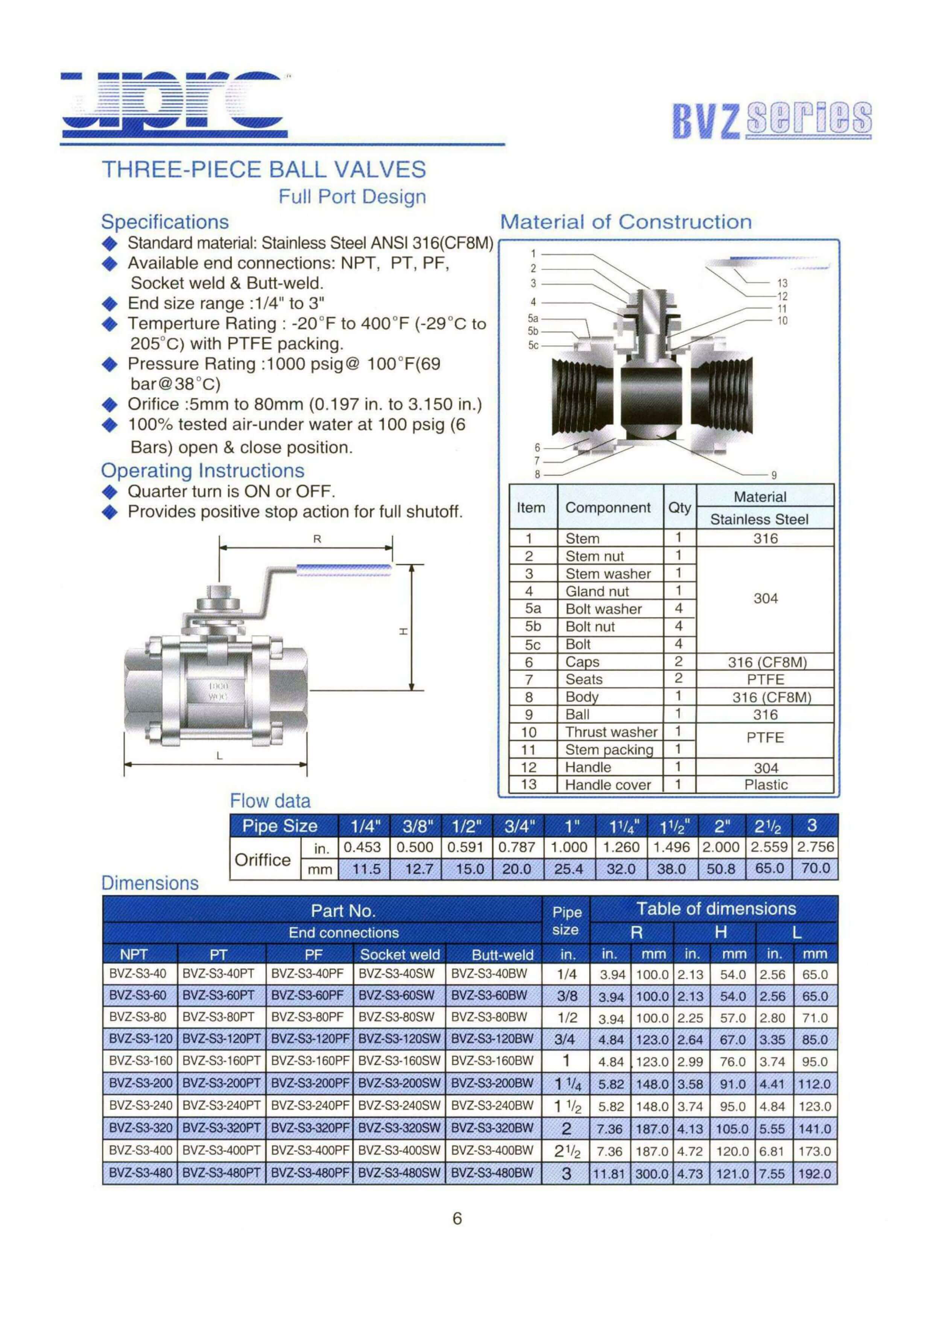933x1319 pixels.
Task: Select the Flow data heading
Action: (x=270, y=801)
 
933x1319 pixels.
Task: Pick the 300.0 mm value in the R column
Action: (x=652, y=1173)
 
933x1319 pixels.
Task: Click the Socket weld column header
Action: (x=400, y=955)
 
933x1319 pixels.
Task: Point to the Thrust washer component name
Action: (x=611, y=732)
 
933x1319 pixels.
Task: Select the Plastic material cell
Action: (x=766, y=785)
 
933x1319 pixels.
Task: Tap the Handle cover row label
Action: (x=608, y=785)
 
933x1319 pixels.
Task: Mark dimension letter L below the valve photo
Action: (x=219, y=756)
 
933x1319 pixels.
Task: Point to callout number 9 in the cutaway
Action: (x=774, y=475)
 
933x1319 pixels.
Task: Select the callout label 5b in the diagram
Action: (x=533, y=331)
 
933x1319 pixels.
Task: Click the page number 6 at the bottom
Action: (x=457, y=1219)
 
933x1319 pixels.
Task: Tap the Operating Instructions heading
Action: (x=202, y=470)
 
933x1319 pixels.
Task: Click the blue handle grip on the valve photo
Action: (x=344, y=570)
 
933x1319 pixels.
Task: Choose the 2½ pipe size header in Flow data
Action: (x=767, y=826)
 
